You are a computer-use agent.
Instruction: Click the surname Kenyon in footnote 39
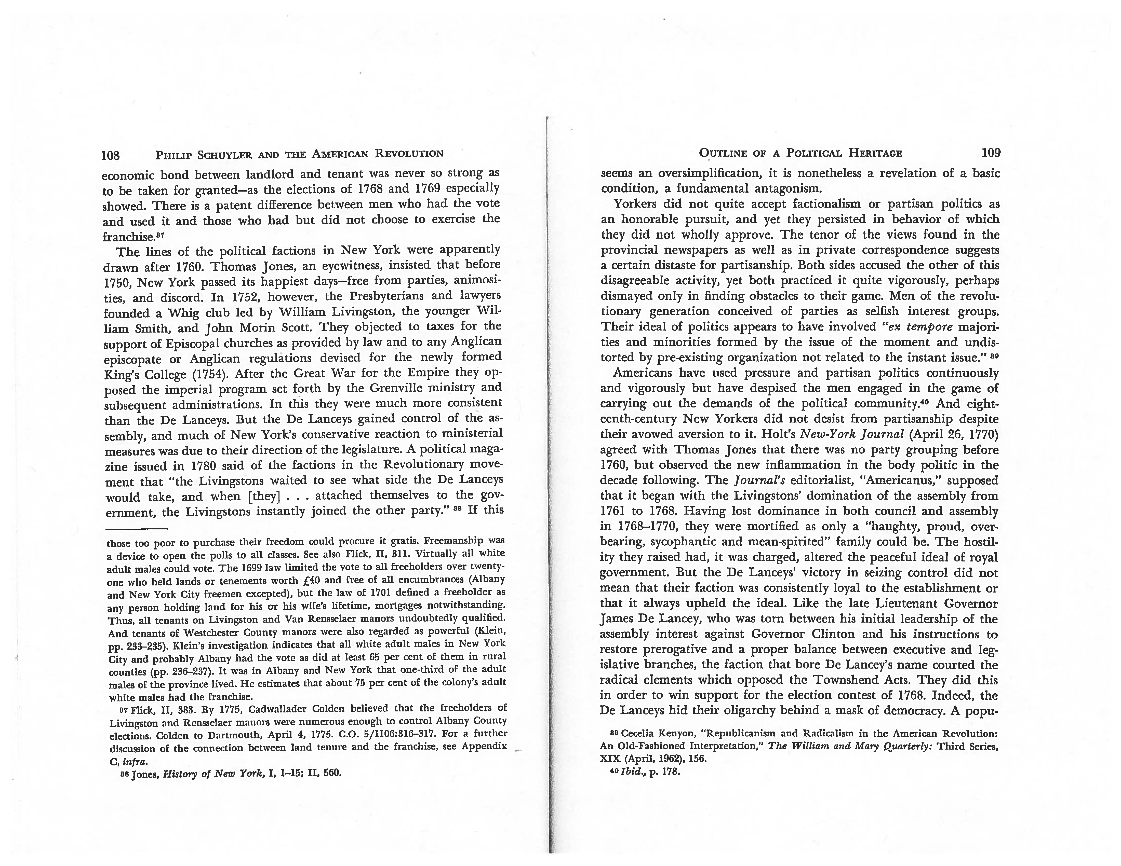pyautogui.click(x=672, y=734)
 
